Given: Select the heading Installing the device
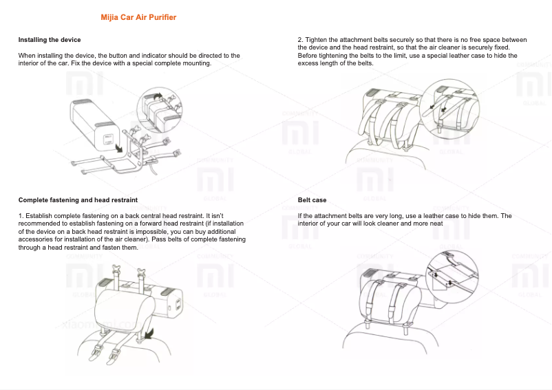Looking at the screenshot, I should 50,40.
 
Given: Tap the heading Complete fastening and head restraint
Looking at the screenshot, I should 78,199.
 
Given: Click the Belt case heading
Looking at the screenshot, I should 312,199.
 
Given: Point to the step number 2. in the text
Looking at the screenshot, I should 300,40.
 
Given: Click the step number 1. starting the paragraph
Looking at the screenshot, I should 21,216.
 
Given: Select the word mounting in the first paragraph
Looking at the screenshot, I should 198,63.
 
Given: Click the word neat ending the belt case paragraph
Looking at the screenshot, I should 436,224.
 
